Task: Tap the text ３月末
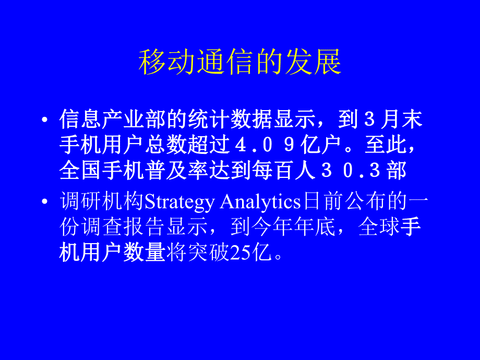coord(393,120)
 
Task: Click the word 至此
coord(393,146)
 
